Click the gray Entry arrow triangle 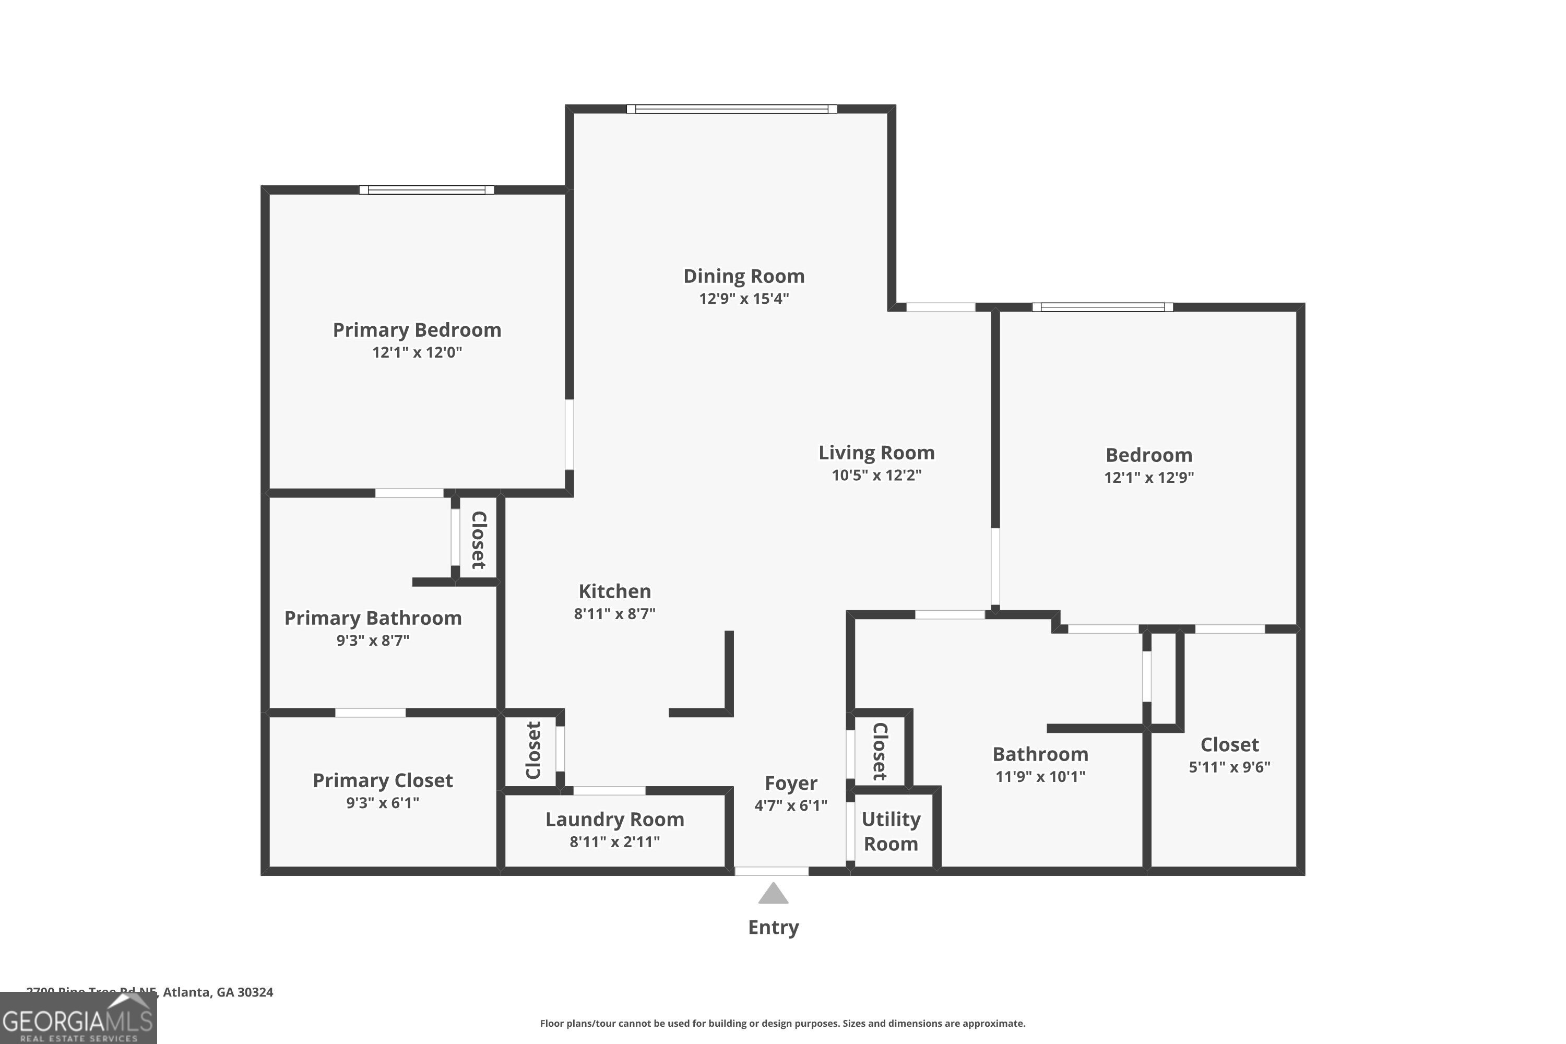point(773,895)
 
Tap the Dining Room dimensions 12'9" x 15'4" point(744,298)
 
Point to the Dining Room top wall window point(731,109)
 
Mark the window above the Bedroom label point(1102,307)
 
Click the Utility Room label point(891,831)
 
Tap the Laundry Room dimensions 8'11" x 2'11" point(614,841)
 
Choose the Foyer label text point(790,783)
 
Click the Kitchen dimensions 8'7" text point(614,613)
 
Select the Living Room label point(876,453)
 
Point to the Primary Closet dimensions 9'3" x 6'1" point(382,802)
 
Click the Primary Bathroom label point(373,618)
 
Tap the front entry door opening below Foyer point(772,871)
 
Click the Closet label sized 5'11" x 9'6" point(1229,744)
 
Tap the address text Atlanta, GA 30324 point(218,992)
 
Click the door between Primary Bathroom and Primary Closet point(370,713)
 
